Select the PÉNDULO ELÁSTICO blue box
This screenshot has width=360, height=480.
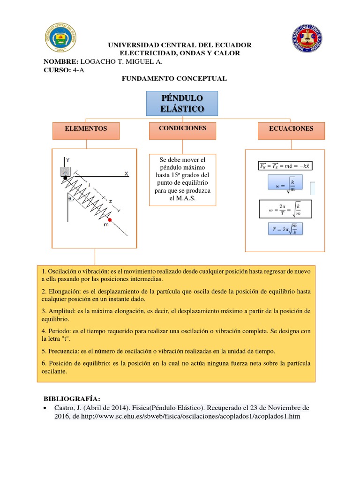[182, 104]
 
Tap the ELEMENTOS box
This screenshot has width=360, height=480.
[86, 128]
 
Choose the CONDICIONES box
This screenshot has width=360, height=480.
[182, 128]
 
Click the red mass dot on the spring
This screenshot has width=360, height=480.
[110, 220]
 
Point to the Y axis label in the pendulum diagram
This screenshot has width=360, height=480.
[67, 160]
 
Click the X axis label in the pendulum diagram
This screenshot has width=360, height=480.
[126, 173]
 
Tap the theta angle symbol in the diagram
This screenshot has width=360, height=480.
[70, 198]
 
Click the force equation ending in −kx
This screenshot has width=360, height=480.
[285, 165]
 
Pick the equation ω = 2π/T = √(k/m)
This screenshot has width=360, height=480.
[285, 209]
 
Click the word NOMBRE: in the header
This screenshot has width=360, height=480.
[61, 61]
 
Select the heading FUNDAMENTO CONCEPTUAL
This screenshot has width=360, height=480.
[174, 79]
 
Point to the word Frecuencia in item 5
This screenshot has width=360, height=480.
[64, 351]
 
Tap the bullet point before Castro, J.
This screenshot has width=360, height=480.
[45, 408]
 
